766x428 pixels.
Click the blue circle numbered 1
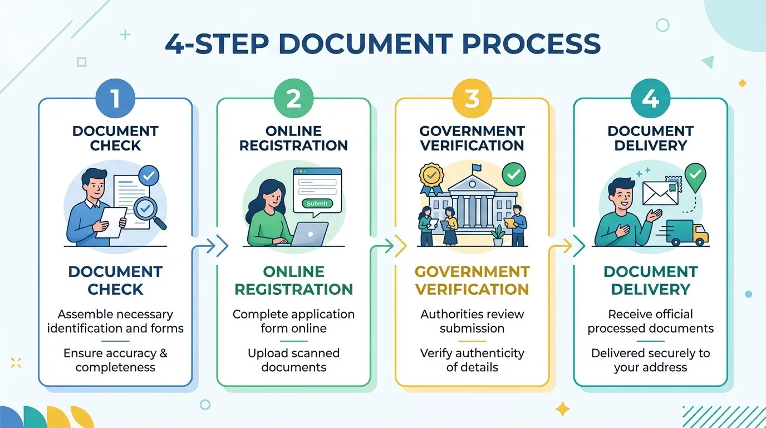coord(116,98)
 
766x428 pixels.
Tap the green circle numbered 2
coord(294,98)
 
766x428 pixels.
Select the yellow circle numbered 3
coord(472,98)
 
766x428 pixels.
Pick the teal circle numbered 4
coord(650,98)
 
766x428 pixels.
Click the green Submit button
coord(317,203)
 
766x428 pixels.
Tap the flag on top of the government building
coord(476,168)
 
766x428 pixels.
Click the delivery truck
coord(686,232)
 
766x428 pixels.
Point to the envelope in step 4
coord(660,193)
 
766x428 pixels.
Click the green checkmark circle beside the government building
coord(514,174)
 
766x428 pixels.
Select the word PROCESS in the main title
coord(532,44)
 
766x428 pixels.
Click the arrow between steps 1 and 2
coord(210,246)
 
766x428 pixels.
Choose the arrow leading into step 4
coord(567,246)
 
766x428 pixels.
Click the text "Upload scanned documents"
coord(294,360)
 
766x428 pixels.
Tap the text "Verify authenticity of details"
coord(472,360)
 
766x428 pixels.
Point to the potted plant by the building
coord(498,236)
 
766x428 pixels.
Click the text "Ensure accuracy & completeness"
coord(115,360)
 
